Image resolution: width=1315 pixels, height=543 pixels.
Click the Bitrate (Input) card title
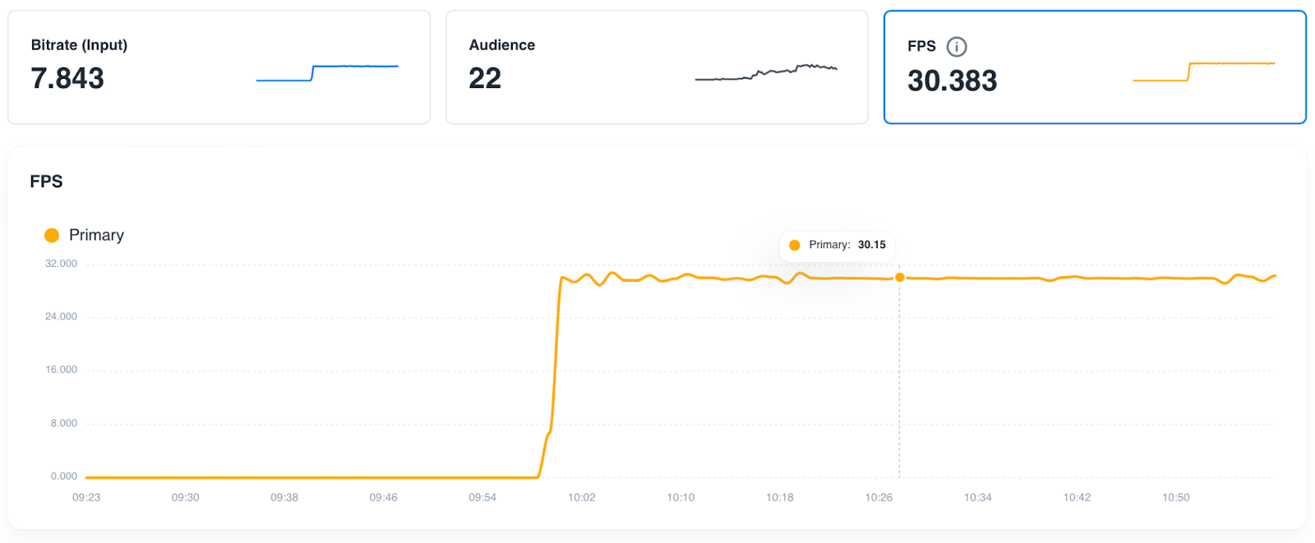pos(79,45)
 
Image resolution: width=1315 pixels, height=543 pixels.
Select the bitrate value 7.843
pos(67,79)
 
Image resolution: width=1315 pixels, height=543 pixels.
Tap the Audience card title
pos(501,45)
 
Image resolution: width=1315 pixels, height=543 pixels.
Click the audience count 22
pos(485,79)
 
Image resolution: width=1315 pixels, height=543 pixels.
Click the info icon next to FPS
pos(957,47)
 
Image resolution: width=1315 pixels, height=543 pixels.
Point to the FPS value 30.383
pos(952,81)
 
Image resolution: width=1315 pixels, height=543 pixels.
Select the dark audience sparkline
pos(766,73)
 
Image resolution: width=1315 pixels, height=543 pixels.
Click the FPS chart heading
pos(46,182)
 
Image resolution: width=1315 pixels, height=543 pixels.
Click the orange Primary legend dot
pos(52,236)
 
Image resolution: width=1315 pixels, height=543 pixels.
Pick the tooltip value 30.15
pos(871,245)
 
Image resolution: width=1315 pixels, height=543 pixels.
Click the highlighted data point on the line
pos(900,278)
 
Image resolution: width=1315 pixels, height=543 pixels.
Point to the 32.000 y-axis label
pos(61,264)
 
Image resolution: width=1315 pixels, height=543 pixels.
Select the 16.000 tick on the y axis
pos(61,370)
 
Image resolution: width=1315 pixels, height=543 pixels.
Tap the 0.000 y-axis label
pos(63,476)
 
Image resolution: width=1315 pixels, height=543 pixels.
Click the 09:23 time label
pos(86,498)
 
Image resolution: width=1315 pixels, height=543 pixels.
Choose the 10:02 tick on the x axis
pos(582,498)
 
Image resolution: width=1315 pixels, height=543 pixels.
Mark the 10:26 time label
pos(879,498)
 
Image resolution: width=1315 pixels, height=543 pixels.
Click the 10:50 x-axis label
pos(1176,498)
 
